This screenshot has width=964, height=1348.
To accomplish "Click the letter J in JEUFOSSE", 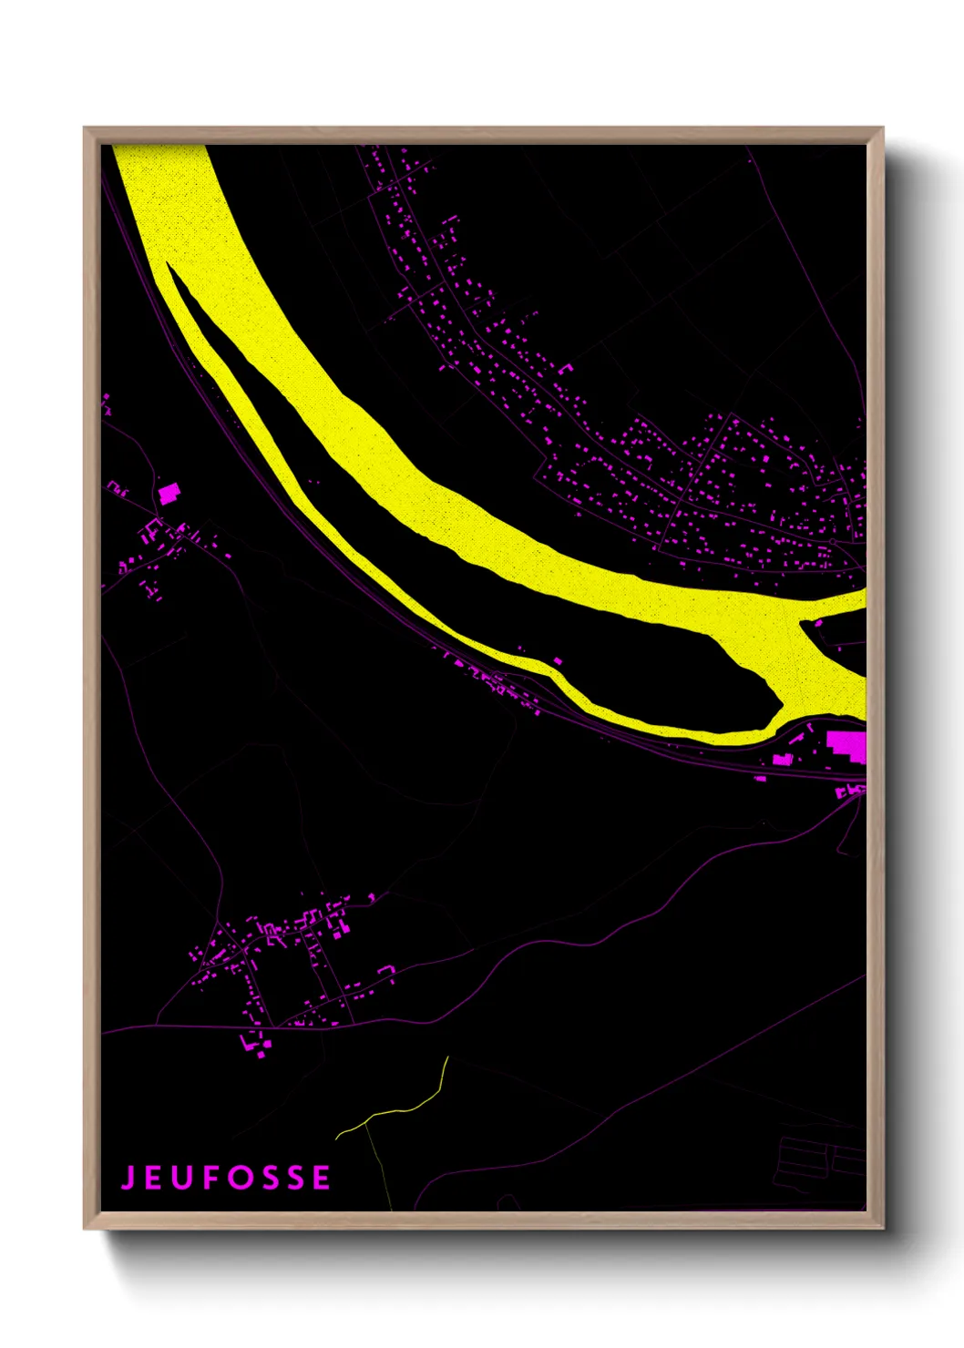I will (128, 1178).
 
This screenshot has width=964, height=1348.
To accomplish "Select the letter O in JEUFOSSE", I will (236, 1178).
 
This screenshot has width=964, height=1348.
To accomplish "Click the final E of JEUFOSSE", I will (322, 1178).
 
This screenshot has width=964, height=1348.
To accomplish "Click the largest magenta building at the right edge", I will (847, 744).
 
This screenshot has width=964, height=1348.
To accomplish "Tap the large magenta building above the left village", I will (168, 493).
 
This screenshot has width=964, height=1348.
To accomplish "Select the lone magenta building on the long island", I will (558, 661).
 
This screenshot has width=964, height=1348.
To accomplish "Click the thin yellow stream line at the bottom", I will (401, 1110).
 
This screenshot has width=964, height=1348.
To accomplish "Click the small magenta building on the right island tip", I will (817, 624).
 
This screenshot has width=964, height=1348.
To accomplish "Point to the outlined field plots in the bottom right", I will (815, 1161).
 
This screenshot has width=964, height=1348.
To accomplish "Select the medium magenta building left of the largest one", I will (782, 758).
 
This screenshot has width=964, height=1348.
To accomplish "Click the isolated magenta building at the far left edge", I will (107, 400).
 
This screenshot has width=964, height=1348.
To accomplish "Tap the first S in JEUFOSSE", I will (268, 1178).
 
